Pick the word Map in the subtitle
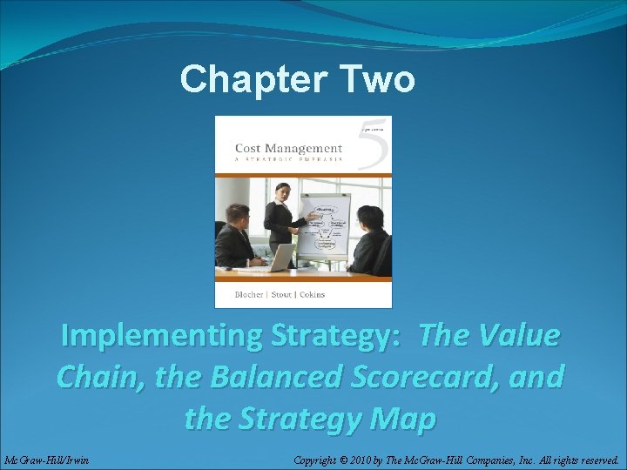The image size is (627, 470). pyautogui.click(x=406, y=419)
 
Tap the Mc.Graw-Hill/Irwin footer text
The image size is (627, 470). pyautogui.click(x=45, y=459)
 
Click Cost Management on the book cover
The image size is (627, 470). pyautogui.click(x=288, y=148)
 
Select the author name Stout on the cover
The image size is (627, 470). pyautogui.click(x=280, y=294)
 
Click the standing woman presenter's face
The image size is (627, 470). pyautogui.click(x=283, y=190)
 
